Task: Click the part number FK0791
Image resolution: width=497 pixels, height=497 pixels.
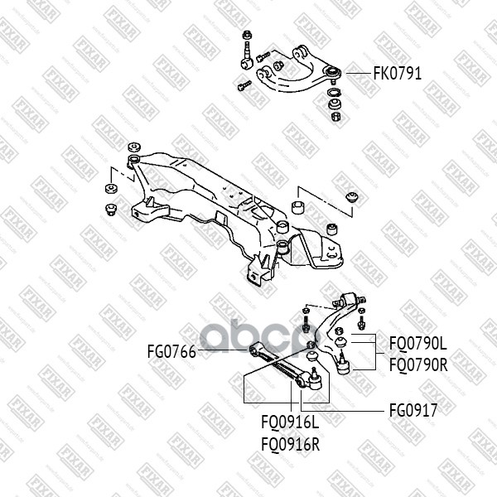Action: pyautogui.click(x=398, y=73)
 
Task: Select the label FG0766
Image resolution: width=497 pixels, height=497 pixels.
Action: pyautogui.click(x=172, y=352)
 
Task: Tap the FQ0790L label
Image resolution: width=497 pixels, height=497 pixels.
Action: pyautogui.click(x=417, y=341)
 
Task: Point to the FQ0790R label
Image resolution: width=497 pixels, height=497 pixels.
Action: pyautogui.click(x=417, y=362)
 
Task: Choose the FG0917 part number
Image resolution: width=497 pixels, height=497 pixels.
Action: pyautogui.click(x=413, y=408)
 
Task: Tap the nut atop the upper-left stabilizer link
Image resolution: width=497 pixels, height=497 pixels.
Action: pyautogui.click(x=248, y=36)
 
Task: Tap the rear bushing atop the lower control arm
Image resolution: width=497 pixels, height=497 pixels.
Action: pyautogui.click(x=350, y=297)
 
